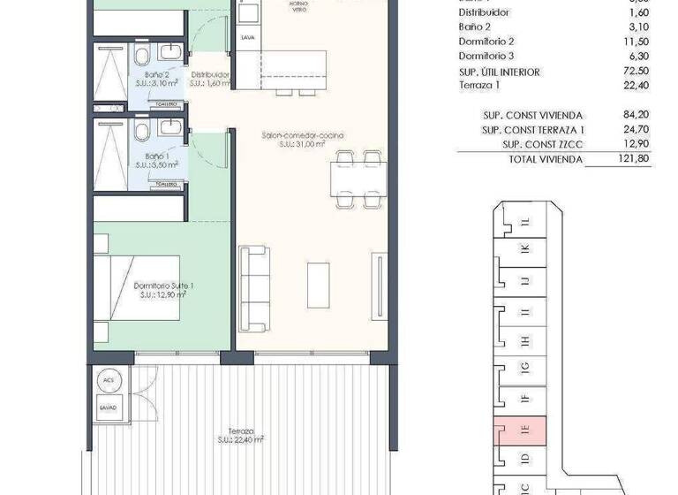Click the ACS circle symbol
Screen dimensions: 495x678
pos(109,380)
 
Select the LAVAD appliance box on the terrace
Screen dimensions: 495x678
pos(109,408)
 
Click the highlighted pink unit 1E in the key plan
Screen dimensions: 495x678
pos(524,432)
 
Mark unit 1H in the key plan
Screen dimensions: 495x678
pos(524,341)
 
